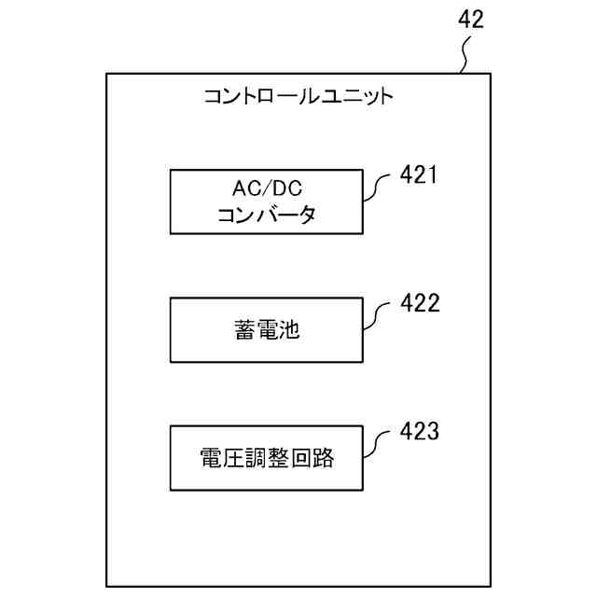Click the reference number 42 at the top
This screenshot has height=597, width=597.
point(471,20)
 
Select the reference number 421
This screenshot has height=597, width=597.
point(419,174)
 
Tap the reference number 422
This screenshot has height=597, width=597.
point(419,302)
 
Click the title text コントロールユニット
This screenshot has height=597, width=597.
point(298,95)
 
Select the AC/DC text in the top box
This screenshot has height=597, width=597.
point(266,189)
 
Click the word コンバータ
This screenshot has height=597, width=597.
point(266,215)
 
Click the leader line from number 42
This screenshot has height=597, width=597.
point(466,58)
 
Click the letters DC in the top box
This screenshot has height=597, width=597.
point(285,189)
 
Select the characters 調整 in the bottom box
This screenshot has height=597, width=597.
point(267,458)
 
